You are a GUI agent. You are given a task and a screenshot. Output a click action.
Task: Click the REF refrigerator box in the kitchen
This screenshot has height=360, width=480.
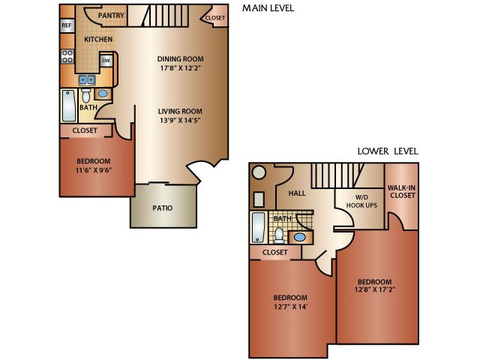pyautogui.click(x=67, y=25)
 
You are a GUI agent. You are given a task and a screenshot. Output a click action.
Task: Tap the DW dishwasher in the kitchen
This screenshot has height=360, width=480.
pyautogui.click(x=106, y=61)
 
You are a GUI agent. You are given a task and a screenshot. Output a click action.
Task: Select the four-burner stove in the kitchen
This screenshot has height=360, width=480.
pyautogui.click(x=67, y=56)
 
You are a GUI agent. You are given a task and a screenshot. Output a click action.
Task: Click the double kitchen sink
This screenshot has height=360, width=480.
pyautogui.click(x=87, y=80)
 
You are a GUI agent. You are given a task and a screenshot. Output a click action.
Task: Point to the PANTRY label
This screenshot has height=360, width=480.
pyautogui.click(x=111, y=15)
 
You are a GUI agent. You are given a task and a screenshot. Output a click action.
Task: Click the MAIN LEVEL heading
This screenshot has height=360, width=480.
pyautogui.click(x=268, y=8)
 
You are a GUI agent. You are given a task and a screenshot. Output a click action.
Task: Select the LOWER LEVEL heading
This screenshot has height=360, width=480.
pyautogui.click(x=388, y=151)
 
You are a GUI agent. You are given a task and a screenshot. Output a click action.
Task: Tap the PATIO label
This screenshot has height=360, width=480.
pyautogui.click(x=163, y=208)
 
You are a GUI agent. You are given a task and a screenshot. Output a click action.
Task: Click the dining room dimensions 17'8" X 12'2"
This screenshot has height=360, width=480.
pyautogui.click(x=180, y=68)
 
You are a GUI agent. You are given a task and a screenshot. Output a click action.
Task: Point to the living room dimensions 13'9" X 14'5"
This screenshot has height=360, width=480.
pyautogui.click(x=180, y=121)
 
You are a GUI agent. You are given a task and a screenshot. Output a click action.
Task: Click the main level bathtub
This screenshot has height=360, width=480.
pyautogui.click(x=69, y=106)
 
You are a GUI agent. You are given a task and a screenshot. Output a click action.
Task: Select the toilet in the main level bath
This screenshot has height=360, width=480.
pyautogui.click(x=86, y=95)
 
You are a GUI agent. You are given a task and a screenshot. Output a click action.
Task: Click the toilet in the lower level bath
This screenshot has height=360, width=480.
pyautogui.click(x=279, y=235)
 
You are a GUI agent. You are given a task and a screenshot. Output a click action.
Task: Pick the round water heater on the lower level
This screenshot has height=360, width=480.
pyautogui.click(x=259, y=172)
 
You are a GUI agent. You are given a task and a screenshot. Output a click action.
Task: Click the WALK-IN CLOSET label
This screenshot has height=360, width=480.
pyautogui.click(x=403, y=192)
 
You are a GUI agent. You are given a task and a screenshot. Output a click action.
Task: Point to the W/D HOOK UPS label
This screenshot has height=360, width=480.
pyautogui.click(x=361, y=202)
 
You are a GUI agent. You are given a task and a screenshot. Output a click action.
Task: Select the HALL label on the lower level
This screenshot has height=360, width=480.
pyautogui.click(x=297, y=193)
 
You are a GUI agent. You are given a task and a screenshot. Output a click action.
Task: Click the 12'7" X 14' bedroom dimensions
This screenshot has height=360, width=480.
pyautogui.click(x=290, y=307)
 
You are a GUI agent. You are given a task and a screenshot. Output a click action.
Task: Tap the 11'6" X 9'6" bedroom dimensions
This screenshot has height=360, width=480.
pyautogui.click(x=93, y=170)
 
